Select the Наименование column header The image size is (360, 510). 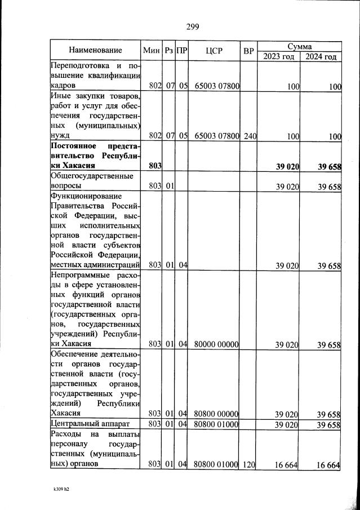95,51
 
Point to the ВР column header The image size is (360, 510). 248,51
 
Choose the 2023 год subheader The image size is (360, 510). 279,56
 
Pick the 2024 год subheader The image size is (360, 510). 321,56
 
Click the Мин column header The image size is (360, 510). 152,51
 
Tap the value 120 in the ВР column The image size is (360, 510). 250,464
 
